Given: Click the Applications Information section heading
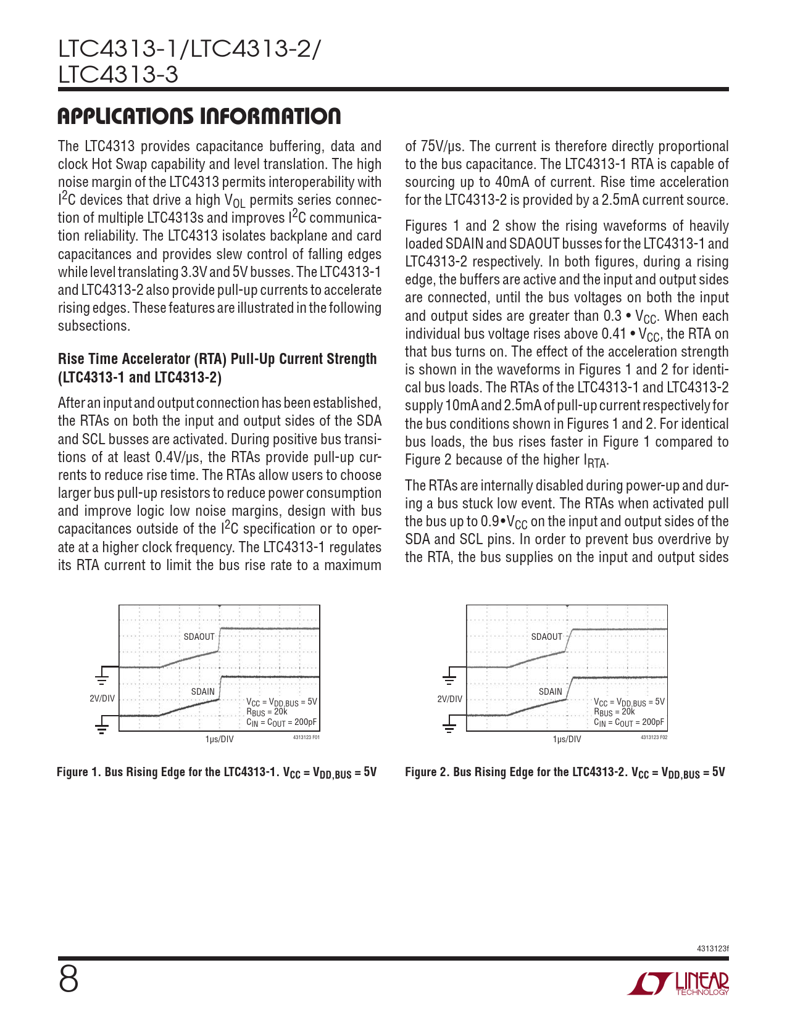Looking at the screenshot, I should click(199, 117).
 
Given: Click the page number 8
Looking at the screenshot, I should click(69, 979).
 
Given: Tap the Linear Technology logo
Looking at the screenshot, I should click(678, 983).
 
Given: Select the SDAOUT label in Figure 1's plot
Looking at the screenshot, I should click(199, 637).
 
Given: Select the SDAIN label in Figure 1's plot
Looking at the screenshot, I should click(202, 692).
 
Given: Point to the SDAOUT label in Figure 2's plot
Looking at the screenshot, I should click(546, 637).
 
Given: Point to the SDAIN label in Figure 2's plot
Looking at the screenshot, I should click(550, 692).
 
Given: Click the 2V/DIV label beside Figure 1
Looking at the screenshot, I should click(102, 699).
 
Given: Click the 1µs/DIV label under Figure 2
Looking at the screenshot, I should click(567, 739).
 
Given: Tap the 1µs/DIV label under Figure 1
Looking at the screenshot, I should click(219, 739).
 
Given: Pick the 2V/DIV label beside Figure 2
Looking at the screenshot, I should click(450, 699).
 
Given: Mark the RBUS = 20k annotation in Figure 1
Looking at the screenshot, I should click(267, 712).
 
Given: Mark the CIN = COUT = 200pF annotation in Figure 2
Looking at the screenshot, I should click(629, 722).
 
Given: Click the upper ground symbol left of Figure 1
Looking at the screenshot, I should click(102, 679).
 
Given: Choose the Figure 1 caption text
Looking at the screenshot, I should click(217, 772).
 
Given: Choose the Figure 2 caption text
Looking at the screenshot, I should click(565, 772).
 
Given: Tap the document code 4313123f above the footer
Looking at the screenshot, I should click(712, 948).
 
